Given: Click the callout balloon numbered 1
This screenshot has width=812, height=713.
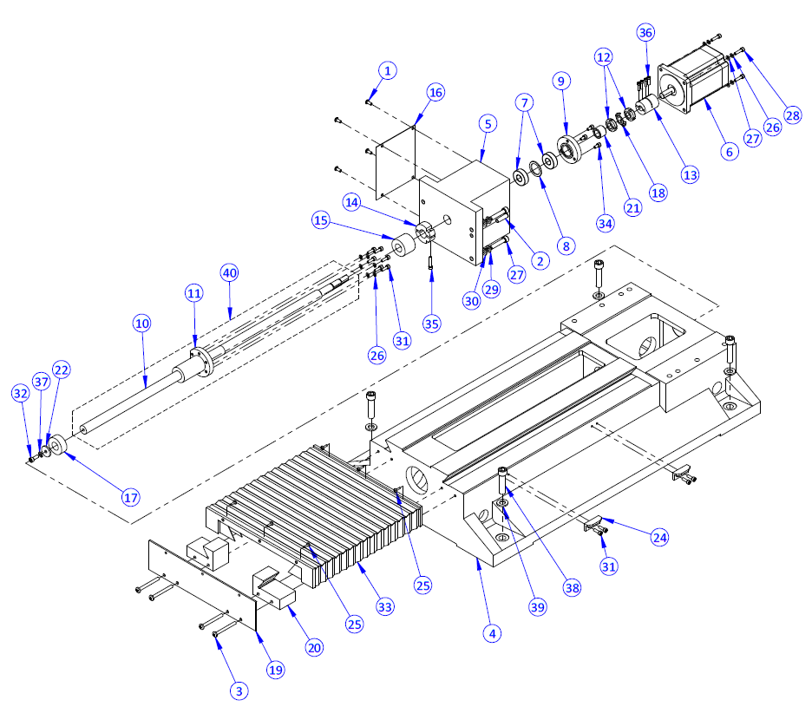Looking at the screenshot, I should click(388, 69).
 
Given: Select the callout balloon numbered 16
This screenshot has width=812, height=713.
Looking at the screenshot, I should click(435, 92).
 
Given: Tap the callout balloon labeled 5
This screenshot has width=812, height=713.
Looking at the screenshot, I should click(488, 124).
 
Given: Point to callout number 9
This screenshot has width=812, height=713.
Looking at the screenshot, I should click(561, 81).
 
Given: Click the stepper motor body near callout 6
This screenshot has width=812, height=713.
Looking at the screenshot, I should click(690, 82).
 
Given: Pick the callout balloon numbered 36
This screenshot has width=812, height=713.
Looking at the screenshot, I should click(645, 32).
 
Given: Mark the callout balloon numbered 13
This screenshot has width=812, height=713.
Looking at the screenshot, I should click(690, 174).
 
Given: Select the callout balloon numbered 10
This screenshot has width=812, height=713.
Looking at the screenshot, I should click(141, 323).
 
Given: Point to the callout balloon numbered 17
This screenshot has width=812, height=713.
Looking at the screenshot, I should click(130, 498).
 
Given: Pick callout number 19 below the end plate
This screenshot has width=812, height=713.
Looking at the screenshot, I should click(276, 669).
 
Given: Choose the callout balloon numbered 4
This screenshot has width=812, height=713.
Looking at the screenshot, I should click(493, 632).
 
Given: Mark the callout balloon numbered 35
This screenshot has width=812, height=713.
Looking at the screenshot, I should click(431, 324).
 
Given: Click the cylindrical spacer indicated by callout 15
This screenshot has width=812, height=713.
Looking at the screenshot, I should click(403, 247).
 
